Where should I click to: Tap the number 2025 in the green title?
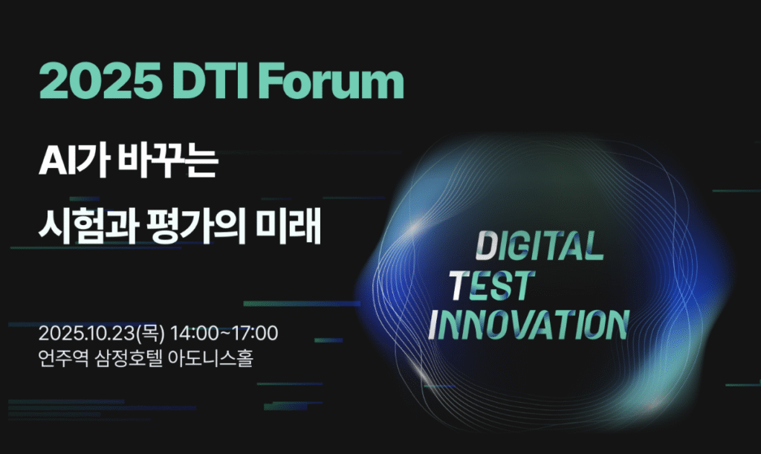(x=100, y=81)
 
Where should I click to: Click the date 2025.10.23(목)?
(x=101, y=333)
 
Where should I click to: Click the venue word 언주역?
(x=63, y=359)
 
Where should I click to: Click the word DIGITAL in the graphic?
(x=540, y=245)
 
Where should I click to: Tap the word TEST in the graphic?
(x=492, y=285)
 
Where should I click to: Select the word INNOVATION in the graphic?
(x=528, y=324)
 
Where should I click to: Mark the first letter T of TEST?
(x=460, y=285)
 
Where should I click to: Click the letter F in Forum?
(x=278, y=81)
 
